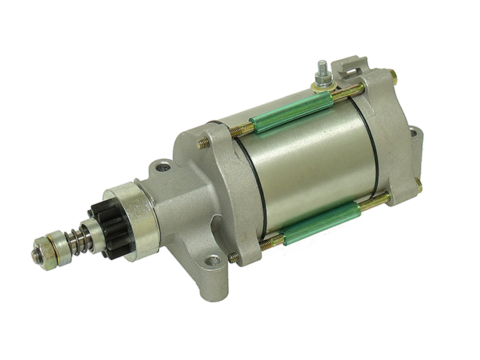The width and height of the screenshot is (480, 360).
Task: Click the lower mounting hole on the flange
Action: click(213, 261)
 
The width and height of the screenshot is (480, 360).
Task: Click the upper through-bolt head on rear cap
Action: click(392, 74)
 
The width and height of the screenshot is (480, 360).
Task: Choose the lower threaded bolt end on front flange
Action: click(233, 257)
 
